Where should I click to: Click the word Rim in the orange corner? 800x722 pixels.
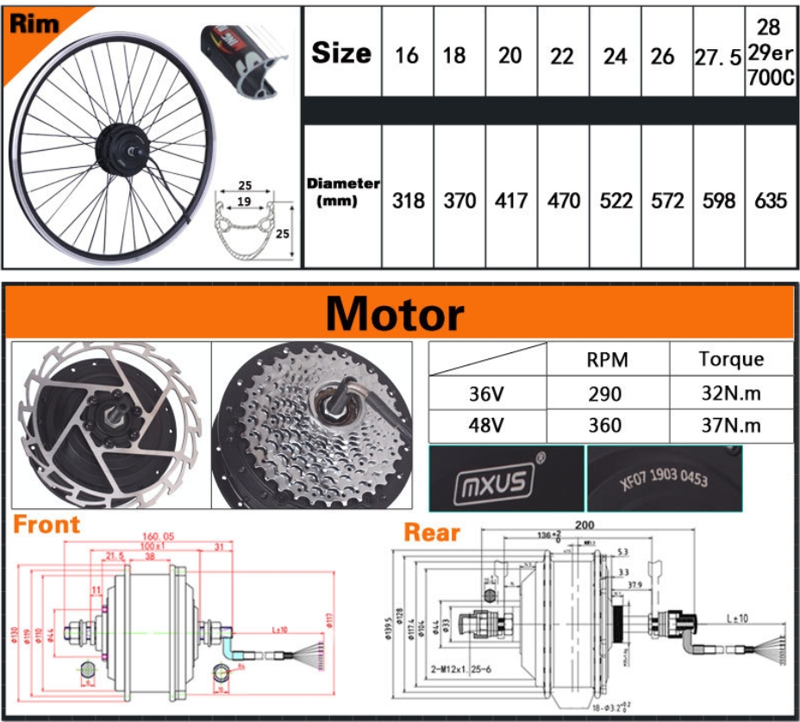pos(34,23)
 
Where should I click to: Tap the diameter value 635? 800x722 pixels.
pos(770,201)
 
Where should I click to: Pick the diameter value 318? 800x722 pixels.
pos(408,201)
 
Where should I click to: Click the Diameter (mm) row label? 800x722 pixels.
pos(343,192)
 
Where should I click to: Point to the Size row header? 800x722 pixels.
pos(341,53)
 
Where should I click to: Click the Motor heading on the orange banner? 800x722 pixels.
pos(395,314)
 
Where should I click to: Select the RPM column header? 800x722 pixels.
pos(607,360)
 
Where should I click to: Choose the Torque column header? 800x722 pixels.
pos(731,359)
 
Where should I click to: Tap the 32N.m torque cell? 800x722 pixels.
pos(731,394)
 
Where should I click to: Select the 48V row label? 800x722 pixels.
pos(488,426)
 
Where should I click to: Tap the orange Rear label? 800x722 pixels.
pos(432,532)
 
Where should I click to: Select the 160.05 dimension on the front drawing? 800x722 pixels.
pos(158,536)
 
